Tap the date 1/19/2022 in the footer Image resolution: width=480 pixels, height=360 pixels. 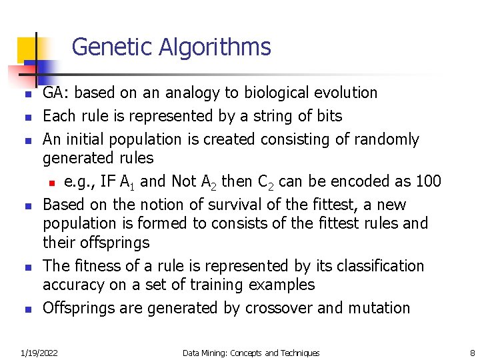pyautogui.click(x=39, y=353)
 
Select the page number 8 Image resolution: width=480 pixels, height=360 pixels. pyautogui.click(x=472, y=353)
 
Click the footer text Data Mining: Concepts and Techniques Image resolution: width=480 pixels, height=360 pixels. pyautogui.click(x=251, y=353)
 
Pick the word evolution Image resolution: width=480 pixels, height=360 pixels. pyautogui.click(x=347, y=93)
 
